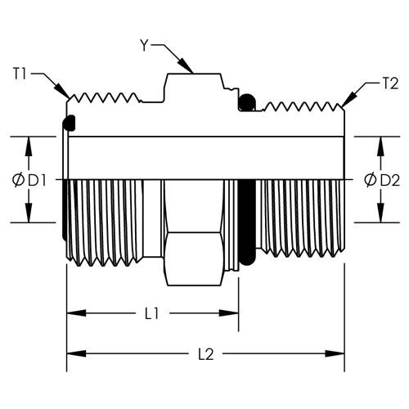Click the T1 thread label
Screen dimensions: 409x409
pyautogui.click(x=20, y=74)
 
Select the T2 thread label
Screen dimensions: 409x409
pyautogui.click(x=390, y=83)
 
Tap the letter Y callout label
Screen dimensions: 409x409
pyautogui.click(x=144, y=45)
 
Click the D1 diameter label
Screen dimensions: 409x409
pyautogui.click(x=37, y=181)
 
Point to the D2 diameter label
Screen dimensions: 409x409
pyautogui.click(x=390, y=181)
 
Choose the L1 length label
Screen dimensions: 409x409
pyautogui.click(x=151, y=313)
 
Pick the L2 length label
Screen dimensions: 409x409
pyautogui.click(x=205, y=354)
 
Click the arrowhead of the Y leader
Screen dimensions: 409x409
pyautogui.click(x=186, y=66)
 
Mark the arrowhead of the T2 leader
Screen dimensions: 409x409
pyautogui.click(x=349, y=100)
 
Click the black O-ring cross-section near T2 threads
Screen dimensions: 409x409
pyautogui.click(x=247, y=102)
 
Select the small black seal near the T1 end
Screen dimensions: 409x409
pyautogui.click(x=69, y=123)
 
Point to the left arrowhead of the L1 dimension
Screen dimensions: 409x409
pyautogui.click(x=77, y=313)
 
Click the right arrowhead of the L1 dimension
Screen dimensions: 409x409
pyautogui.click(x=229, y=313)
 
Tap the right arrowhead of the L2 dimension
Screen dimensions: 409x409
pyautogui.click(x=335, y=354)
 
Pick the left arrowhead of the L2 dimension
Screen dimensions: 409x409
pyautogui.click(x=77, y=354)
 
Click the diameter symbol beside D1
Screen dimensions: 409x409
pyautogui.click(x=19, y=181)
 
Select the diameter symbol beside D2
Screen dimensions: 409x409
pyautogui.click(x=371, y=181)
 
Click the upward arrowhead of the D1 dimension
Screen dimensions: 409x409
pyautogui.click(x=29, y=146)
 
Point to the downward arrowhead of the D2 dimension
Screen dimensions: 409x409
pyautogui.click(x=381, y=213)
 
